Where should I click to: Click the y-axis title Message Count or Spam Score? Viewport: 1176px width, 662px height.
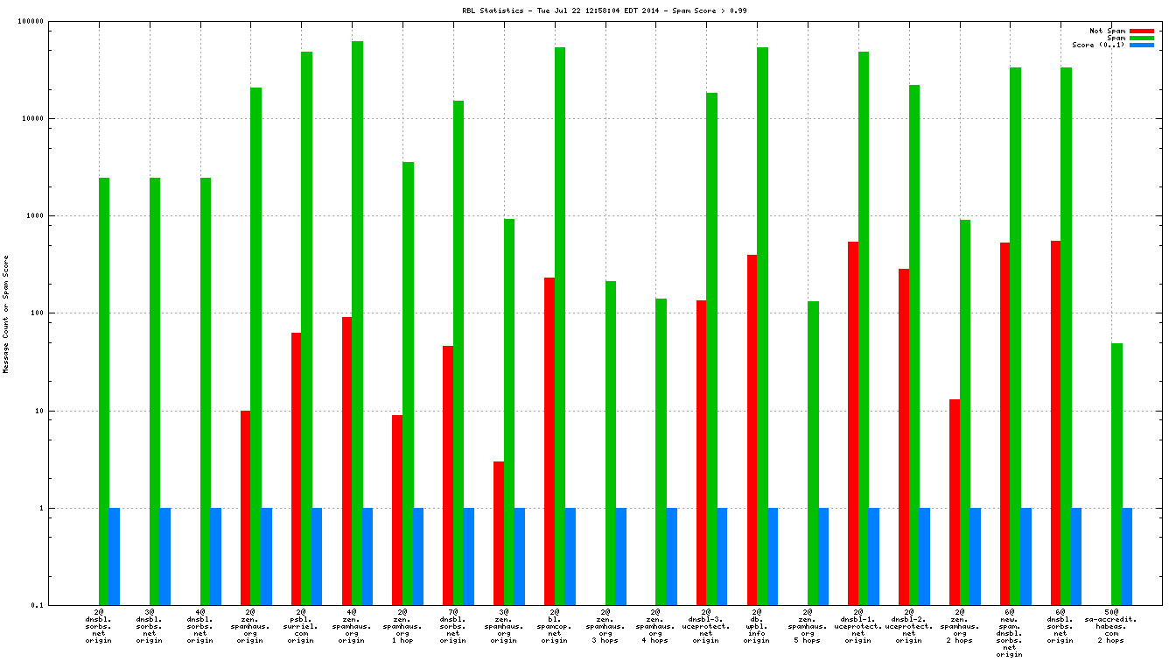coord(6,313)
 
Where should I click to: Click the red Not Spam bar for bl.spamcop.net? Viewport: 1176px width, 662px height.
coord(549,441)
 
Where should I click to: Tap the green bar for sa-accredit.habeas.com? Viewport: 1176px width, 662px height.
coord(1116,474)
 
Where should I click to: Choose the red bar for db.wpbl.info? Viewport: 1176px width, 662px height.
coord(752,430)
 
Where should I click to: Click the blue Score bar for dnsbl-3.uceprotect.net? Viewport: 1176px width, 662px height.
coord(722,556)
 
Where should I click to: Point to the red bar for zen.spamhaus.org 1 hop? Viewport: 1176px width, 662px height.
coord(397,510)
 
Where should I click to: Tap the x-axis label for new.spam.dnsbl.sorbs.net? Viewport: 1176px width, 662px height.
coord(1010,631)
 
